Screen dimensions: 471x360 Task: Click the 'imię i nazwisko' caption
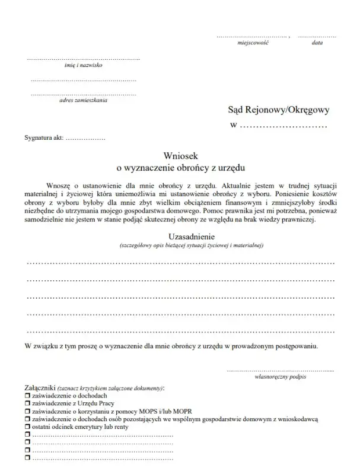[83, 65]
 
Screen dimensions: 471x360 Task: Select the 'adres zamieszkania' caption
[84, 100]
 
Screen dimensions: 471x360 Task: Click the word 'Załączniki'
[40, 387]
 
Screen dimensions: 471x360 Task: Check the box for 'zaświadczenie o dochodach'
[27, 395]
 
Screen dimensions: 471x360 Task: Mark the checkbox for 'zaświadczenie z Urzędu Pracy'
[27, 403]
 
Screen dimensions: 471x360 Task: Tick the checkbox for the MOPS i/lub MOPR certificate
[27, 411]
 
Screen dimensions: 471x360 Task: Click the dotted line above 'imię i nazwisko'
[83, 59]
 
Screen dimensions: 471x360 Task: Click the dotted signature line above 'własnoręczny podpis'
[280, 369]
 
